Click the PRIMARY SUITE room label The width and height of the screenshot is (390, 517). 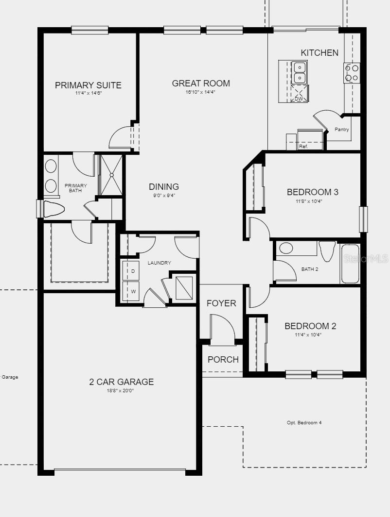coord(88,85)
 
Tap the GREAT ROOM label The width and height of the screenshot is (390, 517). coord(201,83)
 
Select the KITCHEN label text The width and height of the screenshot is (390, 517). coord(319,53)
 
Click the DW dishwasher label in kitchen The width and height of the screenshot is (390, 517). coord(299,99)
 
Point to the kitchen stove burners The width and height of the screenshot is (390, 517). coord(352,73)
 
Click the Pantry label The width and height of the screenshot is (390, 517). coord(342,130)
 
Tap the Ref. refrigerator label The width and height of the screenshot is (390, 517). coord(303,146)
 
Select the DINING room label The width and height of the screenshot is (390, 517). coord(164,187)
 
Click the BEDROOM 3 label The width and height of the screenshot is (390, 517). coord(312,192)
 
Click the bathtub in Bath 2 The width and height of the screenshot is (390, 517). coord(350,264)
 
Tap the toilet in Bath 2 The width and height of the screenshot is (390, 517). coord(327,250)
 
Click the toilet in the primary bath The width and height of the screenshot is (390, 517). coord(53,209)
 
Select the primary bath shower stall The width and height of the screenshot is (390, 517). coord(111,175)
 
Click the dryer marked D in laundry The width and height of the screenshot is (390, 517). coord(133,271)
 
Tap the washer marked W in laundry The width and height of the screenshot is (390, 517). coord(133,292)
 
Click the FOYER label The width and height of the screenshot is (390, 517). coord(221,303)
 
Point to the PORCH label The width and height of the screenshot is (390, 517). coord(223,360)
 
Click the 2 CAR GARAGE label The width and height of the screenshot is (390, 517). coord(121,382)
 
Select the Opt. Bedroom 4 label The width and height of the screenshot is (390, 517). coord(304,423)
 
